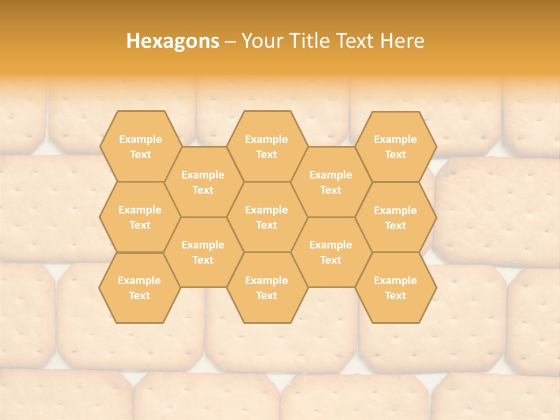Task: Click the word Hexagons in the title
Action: (173, 41)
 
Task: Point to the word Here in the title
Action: (402, 41)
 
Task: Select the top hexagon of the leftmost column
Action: (140, 146)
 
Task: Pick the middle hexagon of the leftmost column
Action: (140, 217)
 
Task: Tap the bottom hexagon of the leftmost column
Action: (140, 288)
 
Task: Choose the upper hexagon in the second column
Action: (203, 182)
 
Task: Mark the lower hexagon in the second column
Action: (203, 252)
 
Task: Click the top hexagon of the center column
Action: (267, 146)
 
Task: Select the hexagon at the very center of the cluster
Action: (267, 217)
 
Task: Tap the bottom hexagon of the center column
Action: (267, 288)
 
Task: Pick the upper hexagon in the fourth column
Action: (331, 182)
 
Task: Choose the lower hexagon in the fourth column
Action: (331, 252)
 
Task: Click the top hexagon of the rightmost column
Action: (395, 146)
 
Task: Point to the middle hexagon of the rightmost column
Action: (395, 218)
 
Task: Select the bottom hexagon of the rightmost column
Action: (395, 288)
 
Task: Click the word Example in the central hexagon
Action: (267, 210)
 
